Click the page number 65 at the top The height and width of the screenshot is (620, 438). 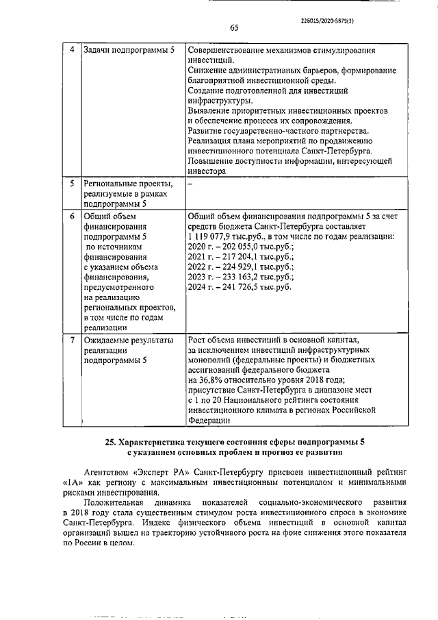tap(233, 28)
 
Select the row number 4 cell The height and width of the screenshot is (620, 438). tap(73, 51)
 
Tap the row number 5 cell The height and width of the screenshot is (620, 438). tap(73, 184)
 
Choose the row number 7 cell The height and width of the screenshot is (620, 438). tap(73, 340)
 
